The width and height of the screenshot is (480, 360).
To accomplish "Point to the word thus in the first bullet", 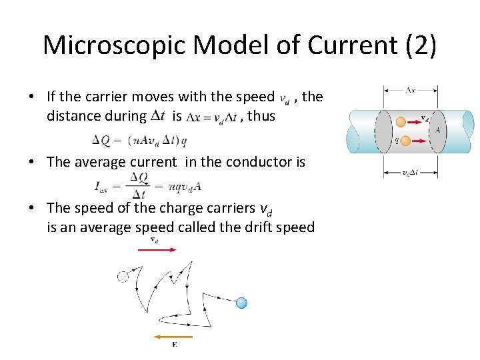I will pyautogui.click(x=261, y=116).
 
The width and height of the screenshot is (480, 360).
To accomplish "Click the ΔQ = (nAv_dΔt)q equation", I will pyautogui.click(x=139, y=140).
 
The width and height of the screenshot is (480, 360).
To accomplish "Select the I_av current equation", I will pyautogui.click(x=147, y=185).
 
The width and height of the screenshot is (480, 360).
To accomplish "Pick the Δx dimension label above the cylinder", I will pyautogui.click(x=411, y=89).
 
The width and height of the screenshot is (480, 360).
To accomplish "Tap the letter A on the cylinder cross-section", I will pyautogui.click(x=438, y=131).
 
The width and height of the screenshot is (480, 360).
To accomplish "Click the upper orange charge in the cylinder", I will pyautogui.click(x=401, y=122).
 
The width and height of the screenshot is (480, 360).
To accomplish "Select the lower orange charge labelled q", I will pyautogui.click(x=401, y=141).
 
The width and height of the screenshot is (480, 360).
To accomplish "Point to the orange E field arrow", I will pyautogui.click(x=173, y=337).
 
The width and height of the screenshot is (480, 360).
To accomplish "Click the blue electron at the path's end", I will pyautogui.click(x=241, y=303).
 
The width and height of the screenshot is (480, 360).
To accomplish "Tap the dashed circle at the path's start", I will pyautogui.click(x=123, y=276).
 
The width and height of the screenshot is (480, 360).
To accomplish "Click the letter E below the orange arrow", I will pyautogui.click(x=174, y=345).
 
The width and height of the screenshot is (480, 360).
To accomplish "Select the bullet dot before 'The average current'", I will pyautogui.click(x=33, y=161).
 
